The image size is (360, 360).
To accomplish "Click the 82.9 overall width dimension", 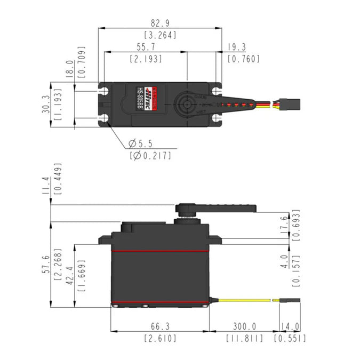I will [160, 23].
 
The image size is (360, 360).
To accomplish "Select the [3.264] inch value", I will [160, 35].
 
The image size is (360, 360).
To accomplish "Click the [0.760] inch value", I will [243, 59].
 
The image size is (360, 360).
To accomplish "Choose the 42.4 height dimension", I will [69, 275].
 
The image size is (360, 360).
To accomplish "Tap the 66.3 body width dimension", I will [159, 326].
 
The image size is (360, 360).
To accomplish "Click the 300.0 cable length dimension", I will [244, 326].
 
